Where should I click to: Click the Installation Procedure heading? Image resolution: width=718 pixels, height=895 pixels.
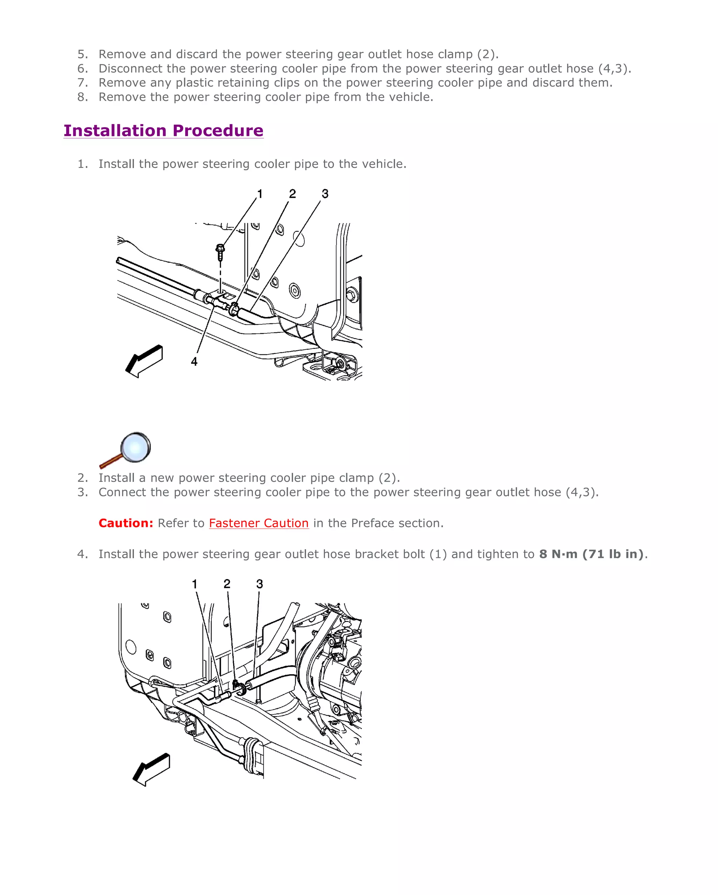point(163,130)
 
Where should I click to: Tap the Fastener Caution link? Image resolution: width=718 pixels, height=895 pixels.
point(258,523)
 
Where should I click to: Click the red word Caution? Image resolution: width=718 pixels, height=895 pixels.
point(126,523)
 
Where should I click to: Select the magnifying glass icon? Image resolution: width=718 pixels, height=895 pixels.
point(126,449)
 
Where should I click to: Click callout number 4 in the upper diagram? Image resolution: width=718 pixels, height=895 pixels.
point(194,362)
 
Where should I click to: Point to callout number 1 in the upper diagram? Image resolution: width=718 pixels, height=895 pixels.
point(260,194)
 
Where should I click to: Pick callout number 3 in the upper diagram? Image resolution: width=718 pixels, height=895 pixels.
point(325,194)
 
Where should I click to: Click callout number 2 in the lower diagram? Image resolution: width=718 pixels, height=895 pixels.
point(227,584)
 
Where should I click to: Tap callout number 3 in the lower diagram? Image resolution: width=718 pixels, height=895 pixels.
point(259,584)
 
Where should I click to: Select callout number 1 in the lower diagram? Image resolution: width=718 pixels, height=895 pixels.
point(195,584)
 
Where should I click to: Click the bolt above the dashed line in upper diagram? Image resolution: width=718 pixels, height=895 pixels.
point(220,252)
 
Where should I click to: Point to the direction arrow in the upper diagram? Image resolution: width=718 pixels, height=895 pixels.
point(144,361)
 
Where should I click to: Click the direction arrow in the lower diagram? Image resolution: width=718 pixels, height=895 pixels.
point(152,769)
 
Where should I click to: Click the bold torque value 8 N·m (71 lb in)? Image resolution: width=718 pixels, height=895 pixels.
point(591,554)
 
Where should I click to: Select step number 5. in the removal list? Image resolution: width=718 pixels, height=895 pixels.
point(83,54)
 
